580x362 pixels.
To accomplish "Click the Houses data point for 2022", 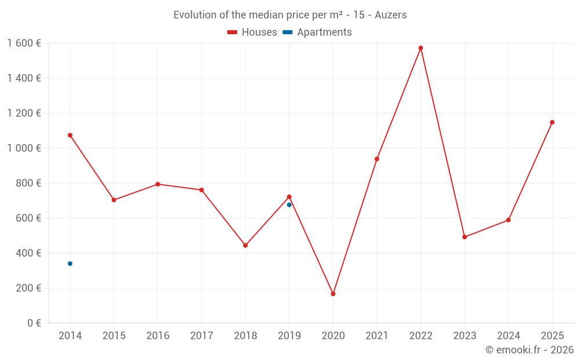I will tap(420, 48).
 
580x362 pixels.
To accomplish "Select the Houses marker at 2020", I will tap(333, 294).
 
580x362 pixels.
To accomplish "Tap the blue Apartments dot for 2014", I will tap(70, 264).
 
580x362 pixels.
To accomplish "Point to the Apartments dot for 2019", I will tap(289, 204).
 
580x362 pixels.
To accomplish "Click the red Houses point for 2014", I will tap(70, 135).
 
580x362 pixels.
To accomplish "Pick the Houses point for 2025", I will tap(552, 122).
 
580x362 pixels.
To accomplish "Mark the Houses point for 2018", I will tap(245, 246).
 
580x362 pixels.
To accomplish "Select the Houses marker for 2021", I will tap(377, 159).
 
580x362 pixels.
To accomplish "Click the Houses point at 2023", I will tap(465, 237).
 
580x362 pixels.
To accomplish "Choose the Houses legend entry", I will tap(252, 32).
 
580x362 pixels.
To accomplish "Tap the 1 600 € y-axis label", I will tap(24, 43).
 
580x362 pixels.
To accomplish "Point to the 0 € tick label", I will tap(34, 323).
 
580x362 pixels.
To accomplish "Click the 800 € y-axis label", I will tap(27, 183).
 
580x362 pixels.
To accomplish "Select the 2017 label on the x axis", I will tap(201, 336).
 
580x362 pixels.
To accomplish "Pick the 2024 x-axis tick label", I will tap(508, 336).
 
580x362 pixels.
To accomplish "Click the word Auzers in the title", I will tap(390, 15).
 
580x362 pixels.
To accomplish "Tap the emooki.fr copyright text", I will tap(529, 350).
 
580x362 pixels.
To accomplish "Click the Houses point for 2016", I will tap(158, 184).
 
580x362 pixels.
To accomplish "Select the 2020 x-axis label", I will tap(333, 336).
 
